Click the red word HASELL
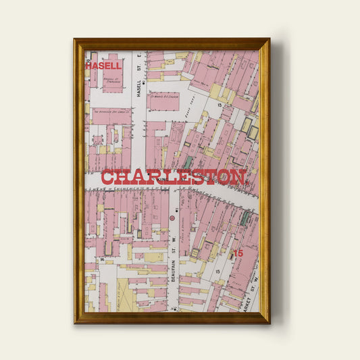103,66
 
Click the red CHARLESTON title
173,178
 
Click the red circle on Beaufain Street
172,219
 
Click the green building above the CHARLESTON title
188,162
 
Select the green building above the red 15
245,219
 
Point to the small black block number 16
102,259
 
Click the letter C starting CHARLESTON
108,178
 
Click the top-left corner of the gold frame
75,40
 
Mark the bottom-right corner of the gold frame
269,322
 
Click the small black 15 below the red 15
217,270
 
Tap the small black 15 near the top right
220,105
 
